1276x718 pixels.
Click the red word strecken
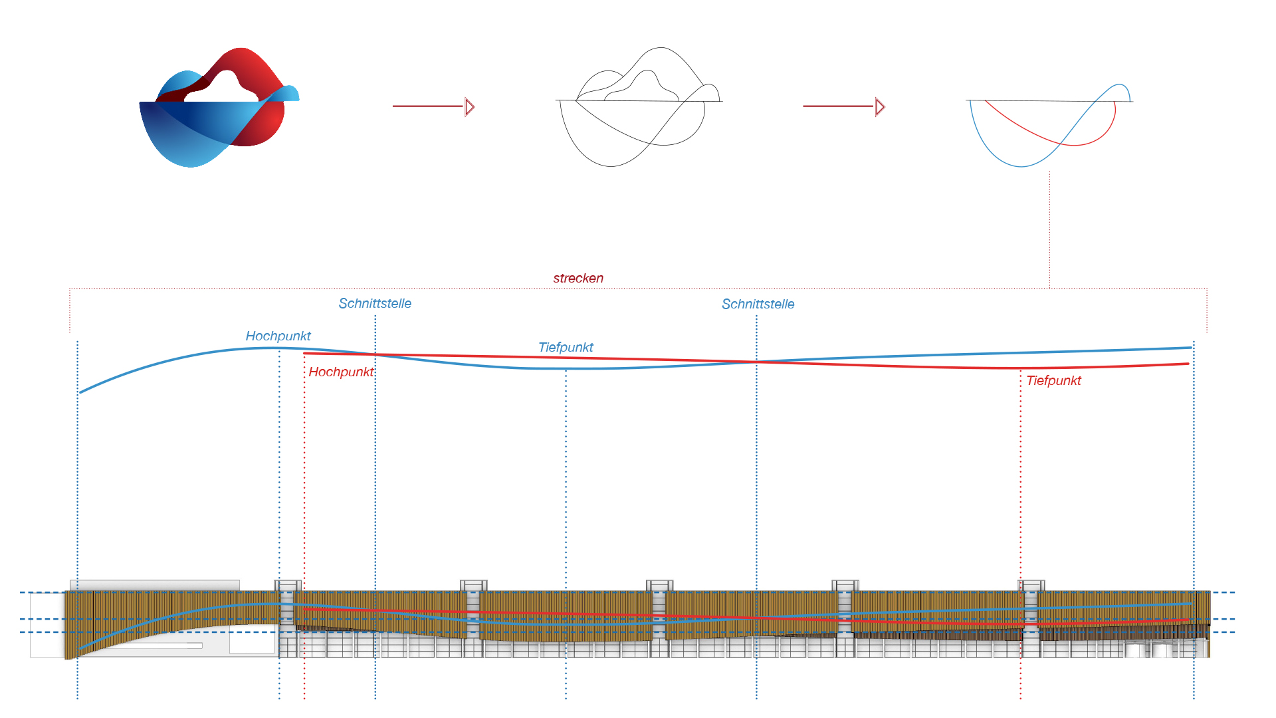(578, 279)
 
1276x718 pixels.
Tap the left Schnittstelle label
(375, 304)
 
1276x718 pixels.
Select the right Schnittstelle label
(758, 304)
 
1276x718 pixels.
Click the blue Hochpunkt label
(278, 336)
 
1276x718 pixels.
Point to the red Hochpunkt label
(340, 372)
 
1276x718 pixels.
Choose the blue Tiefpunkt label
(566, 348)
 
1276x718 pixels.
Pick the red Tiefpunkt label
(1053, 381)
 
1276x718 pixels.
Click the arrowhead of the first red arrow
(470, 106)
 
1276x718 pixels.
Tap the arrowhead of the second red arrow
(880, 106)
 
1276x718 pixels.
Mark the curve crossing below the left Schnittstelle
(375, 354)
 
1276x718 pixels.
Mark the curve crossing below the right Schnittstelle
(756, 362)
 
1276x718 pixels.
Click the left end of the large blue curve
(81, 392)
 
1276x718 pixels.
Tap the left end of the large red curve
(305, 354)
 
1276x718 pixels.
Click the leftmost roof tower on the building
(288, 586)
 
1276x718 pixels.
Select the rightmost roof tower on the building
(1031, 586)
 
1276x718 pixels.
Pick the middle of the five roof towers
(659, 586)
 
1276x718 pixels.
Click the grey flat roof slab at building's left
(155, 585)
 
